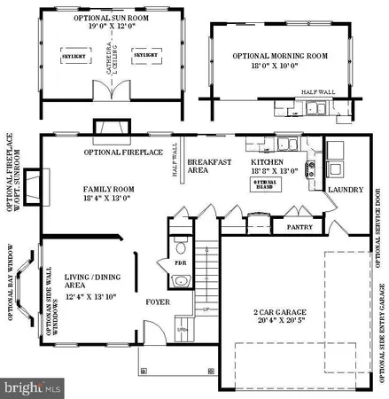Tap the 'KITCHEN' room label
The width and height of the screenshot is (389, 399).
pyautogui.click(x=268, y=162)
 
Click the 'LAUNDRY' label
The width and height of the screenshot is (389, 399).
pyautogui.click(x=345, y=189)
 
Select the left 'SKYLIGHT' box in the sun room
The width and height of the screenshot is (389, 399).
pyautogui.click(x=75, y=54)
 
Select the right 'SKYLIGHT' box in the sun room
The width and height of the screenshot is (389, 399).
pyautogui.click(x=146, y=54)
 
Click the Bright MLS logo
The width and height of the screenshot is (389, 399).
pyautogui.click(x=33, y=387)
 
